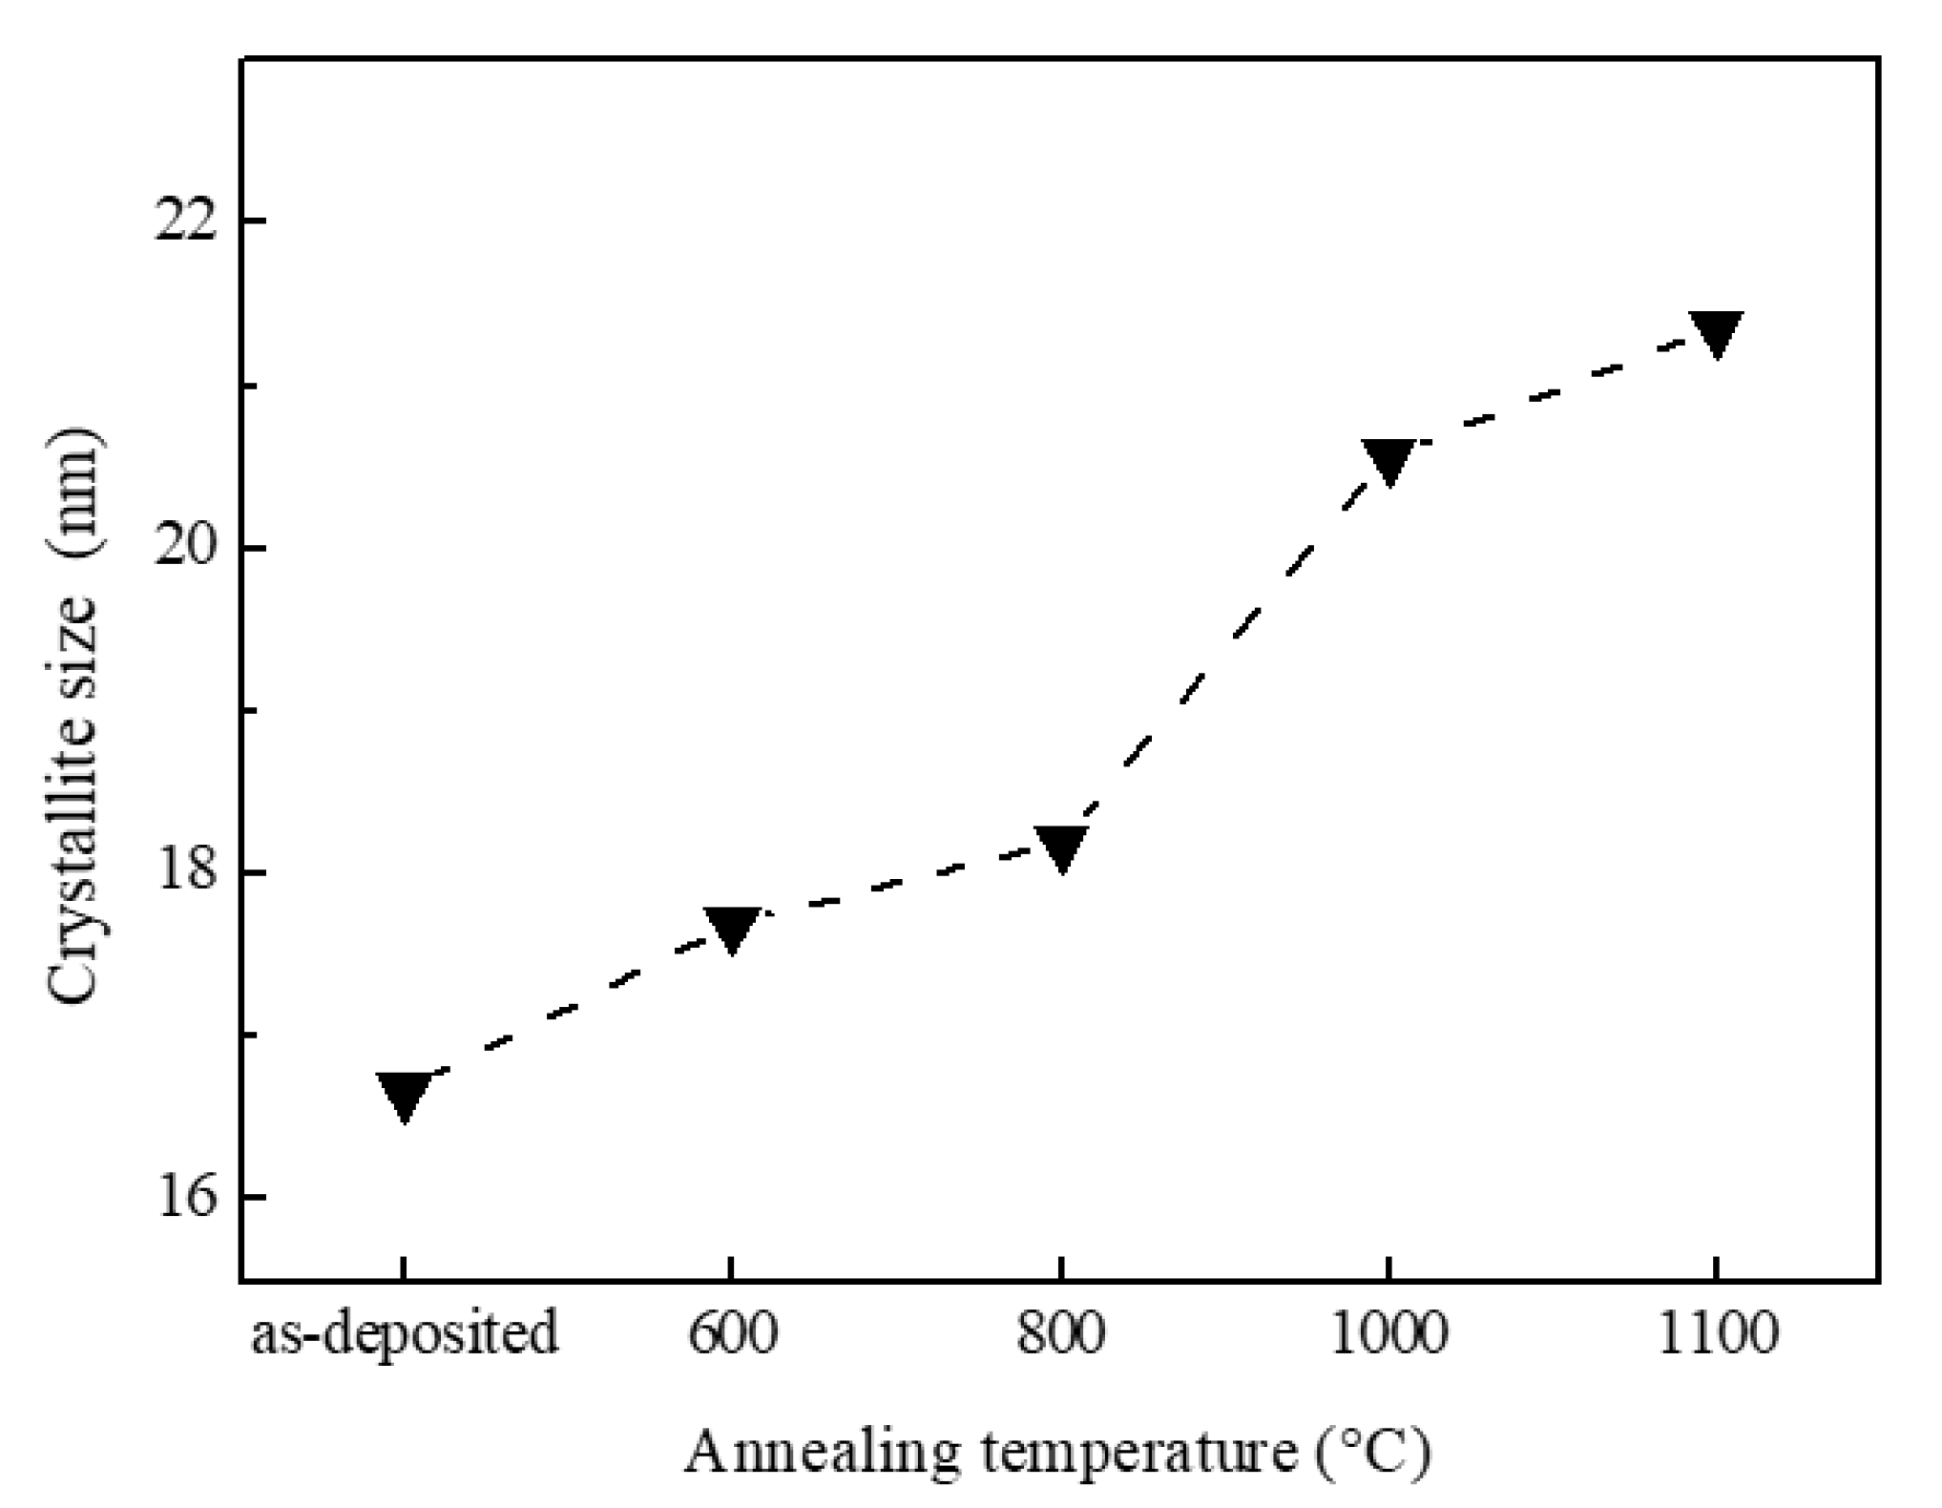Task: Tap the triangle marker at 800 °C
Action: pos(1060,848)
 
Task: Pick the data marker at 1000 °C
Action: pos(1388,461)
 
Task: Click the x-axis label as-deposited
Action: pos(405,1334)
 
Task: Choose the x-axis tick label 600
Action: pos(732,1332)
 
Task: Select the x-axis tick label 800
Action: pos(1060,1332)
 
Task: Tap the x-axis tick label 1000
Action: pos(1389,1332)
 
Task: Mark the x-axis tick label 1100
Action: pos(1717,1332)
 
